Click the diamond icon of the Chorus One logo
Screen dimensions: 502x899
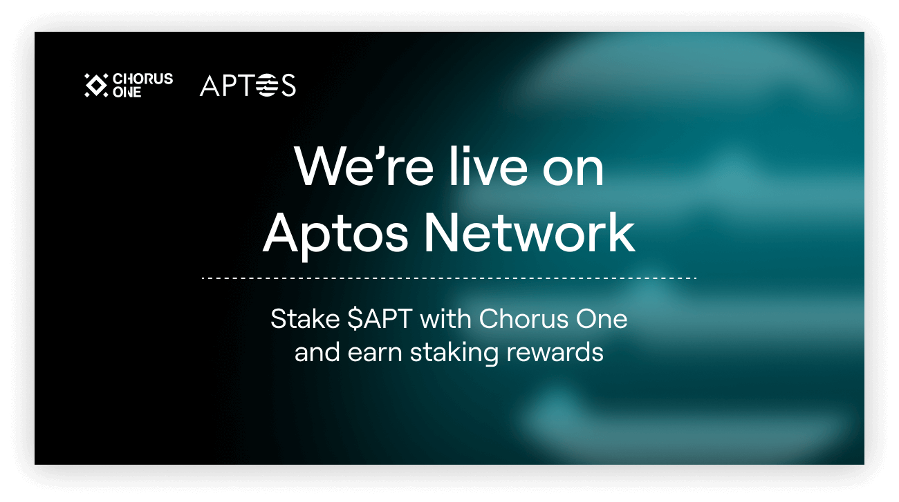[x=95, y=85]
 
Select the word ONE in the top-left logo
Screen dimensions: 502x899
[x=127, y=92]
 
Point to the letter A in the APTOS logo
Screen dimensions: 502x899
[x=210, y=86]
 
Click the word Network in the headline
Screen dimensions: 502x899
[x=529, y=233]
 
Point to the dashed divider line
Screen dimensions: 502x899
[x=449, y=278]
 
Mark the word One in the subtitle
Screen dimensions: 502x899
[x=602, y=319]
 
